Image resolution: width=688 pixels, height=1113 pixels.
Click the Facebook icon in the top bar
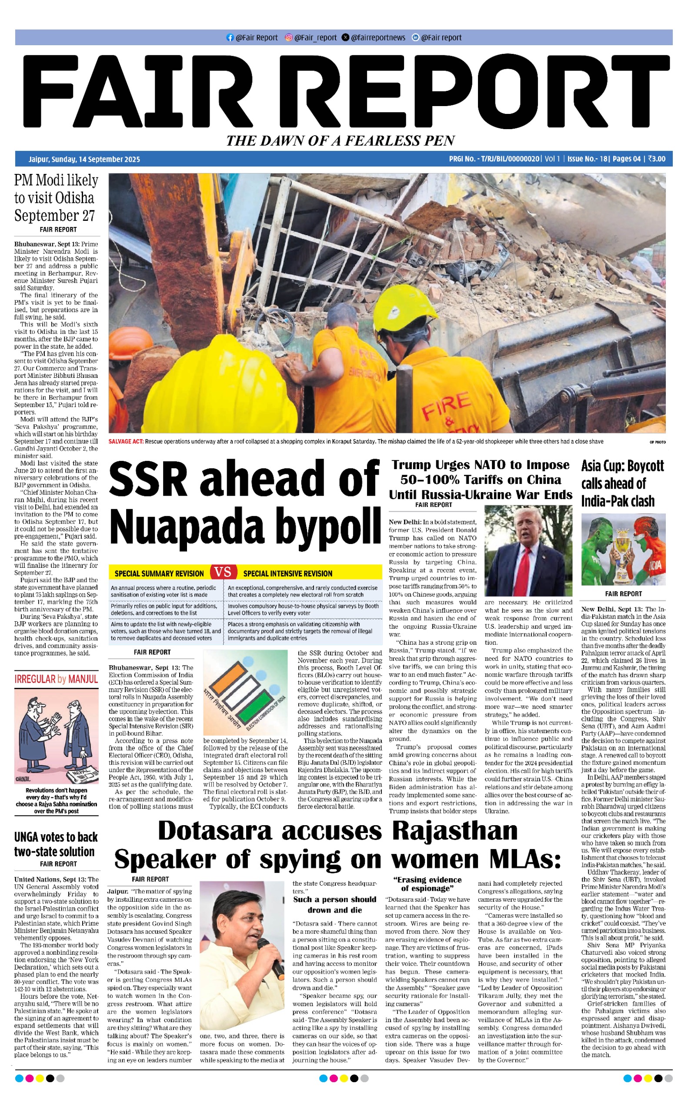click(230, 38)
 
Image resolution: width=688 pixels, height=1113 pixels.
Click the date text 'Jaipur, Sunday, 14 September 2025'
click(84, 159)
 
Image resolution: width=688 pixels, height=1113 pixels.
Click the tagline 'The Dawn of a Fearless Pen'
click(341, 140)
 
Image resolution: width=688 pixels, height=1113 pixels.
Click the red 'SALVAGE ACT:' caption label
click(126, 441)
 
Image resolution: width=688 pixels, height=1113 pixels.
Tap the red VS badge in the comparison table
click(223, 572)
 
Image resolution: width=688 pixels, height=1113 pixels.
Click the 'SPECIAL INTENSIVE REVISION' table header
click(287, 573)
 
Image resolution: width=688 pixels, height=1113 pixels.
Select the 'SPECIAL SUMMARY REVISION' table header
click(159, 573)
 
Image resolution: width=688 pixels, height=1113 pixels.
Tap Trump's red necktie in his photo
click(524, 569)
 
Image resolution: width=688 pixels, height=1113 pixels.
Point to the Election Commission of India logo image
click(245, 692)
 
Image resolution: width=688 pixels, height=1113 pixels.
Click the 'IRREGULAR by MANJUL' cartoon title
click(56, 680)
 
